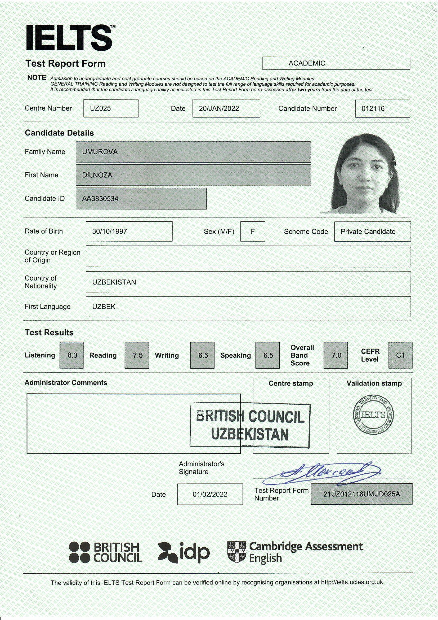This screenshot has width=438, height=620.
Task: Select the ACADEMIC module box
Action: pos(336,63)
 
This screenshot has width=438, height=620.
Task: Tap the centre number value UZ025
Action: pos(100,108)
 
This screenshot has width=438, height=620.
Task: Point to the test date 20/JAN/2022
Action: pos(219,108)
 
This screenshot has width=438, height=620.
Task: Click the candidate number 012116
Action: pos(373,108)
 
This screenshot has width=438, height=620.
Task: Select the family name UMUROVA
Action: pos(100,152)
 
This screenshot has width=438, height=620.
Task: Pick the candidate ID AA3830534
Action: pos(100,199)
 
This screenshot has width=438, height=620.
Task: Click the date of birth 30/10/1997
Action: pos(110,232)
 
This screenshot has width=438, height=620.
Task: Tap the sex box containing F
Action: pos(252,232)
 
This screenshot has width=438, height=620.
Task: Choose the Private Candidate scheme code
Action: pos(368,232)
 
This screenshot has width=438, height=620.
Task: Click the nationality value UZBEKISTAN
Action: pos(114,282)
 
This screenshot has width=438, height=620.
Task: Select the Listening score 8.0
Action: pos(72,355)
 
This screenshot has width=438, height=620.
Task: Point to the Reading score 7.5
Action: pos(137,355)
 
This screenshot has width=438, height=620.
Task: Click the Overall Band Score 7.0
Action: pos(336,355)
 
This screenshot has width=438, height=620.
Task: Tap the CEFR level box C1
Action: pos(400,355)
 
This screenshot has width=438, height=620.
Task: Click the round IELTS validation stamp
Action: pos(373,415)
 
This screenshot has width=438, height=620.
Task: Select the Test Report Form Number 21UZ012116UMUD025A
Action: pos(361,494)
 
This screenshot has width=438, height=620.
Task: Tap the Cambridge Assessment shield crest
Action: pos(236,552)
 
